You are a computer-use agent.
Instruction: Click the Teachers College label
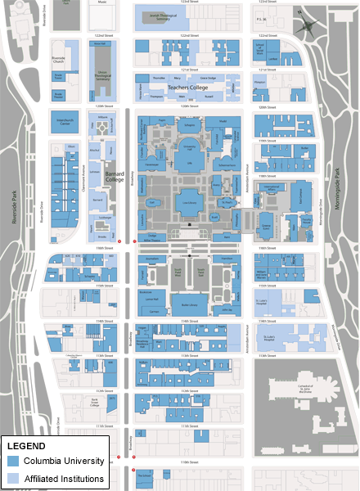point(189,87)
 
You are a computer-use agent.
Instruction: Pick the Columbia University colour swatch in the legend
point(14,462)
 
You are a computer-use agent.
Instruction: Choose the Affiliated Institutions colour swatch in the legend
point(14,478)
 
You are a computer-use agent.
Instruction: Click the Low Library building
point(189,200)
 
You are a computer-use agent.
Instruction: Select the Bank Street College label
point(94,403)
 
